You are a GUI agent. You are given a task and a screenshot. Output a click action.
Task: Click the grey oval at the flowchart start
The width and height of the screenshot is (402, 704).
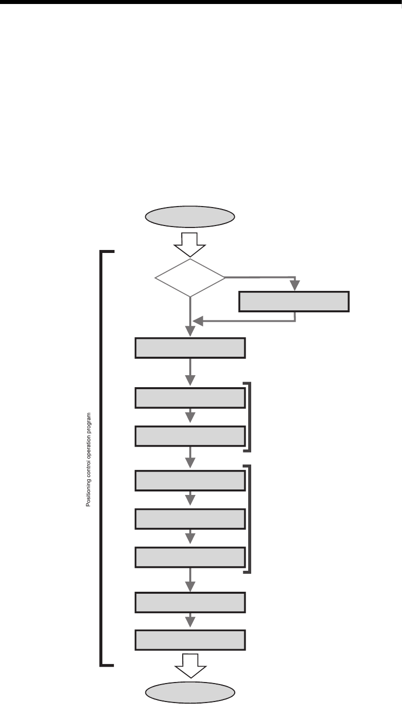tap(190, 217)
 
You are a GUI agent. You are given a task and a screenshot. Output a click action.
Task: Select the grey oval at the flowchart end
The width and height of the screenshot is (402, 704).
tap(190, 692)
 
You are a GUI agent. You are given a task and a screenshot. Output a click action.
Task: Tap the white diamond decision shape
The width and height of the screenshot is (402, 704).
tap(190, 278)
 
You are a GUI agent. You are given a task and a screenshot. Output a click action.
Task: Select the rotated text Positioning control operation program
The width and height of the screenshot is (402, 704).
tap(88, 459)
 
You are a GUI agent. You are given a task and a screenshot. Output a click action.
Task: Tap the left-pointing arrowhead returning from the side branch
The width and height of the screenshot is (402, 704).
tap(198, 321)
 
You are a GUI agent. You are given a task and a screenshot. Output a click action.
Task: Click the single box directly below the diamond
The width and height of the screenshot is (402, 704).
tap(190, 348)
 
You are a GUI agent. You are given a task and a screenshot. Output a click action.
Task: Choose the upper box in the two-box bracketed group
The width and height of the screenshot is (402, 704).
tap(190, 398)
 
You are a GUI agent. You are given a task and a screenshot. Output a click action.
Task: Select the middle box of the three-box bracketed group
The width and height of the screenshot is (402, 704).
tap(190, 519)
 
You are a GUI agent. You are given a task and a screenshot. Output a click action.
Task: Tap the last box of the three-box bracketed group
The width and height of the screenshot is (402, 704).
tap(190, 557)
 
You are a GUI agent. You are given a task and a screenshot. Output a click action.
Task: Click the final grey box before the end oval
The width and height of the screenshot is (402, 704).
tap(190, 640)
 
